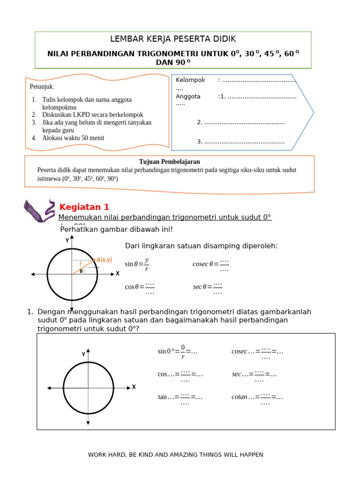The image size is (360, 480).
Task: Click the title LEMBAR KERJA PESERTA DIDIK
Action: click(x=173, y=39)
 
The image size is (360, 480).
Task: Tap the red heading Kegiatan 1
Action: click(x=84, y=207)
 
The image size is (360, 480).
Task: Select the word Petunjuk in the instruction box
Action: click(x=42, y=87)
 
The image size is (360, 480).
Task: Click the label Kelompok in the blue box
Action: click(x=190, y=80)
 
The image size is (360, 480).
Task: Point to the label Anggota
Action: click(x=188, y=97)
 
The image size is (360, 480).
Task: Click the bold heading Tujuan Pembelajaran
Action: click(x=169, y=162)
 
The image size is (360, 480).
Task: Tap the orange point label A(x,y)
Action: click(x=104, y=260)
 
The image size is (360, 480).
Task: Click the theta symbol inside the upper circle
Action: click(x=81, y=271)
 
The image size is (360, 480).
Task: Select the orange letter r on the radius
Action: click(x=81, y=263)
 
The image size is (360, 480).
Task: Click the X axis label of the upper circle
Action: click(x=118, y=273)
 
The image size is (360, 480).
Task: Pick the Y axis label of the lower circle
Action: click(x=83, y=354)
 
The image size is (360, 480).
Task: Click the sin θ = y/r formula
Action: click(x=137, y=264)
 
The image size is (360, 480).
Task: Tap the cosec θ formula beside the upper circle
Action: click(x=211, y=264)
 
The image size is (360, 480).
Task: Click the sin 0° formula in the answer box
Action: click(x=177, y=351)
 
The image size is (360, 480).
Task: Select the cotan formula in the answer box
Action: click(x=257, y=397)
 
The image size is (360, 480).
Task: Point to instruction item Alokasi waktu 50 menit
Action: click(x=73, y=138)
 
